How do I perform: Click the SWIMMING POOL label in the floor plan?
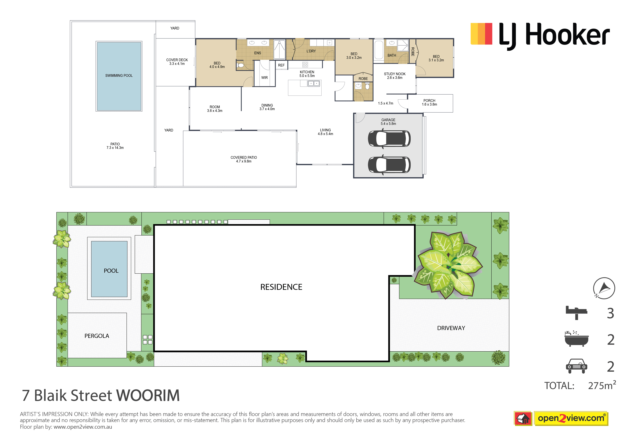[119, 76]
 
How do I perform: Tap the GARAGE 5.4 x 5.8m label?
[388, 122]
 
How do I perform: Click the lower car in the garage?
[389, 165]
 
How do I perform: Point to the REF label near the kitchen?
[281, 65]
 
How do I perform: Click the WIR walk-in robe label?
[264, 78]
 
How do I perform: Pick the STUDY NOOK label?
[395, 74]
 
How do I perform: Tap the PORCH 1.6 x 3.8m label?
[429, 103]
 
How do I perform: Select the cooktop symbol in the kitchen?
[305, 65]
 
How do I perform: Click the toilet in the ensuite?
[240, 65]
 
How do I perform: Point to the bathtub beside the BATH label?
[379, 50]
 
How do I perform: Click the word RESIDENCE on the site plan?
[281, 287]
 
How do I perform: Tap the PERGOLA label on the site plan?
[97, 336]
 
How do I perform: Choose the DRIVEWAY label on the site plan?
[451, 328]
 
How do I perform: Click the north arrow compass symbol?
[604, 288]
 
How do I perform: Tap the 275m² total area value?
[602, 385]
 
